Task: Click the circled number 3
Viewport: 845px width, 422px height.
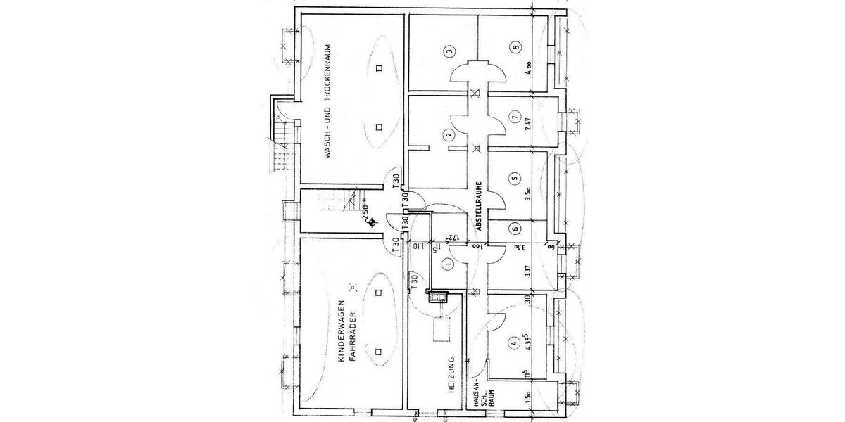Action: pyautogui.click(x=449, y=50)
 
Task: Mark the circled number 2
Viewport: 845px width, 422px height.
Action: pyautogui.click(x=448, y=136)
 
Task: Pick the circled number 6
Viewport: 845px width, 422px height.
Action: pyautogui.click(x=515, y=228)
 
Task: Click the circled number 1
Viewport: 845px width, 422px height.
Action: pyautogui.click(x=447, y=264)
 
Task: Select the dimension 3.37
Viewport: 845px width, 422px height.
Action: pyautogui.click(x=528, y=270)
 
